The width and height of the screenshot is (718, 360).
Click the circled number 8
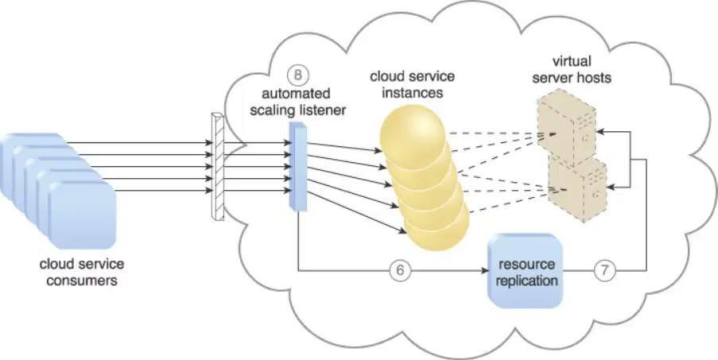[x=297, y=75]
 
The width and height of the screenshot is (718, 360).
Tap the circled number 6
[x=400, y=271]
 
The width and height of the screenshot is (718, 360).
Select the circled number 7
[x=604, y=271]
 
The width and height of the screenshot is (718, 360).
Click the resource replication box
[x=525, y=270]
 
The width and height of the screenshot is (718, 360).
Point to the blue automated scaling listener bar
[x=297, y=167]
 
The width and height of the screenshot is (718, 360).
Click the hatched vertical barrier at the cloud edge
[x=218, y=167]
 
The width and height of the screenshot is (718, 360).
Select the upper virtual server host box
[x=567, y=131]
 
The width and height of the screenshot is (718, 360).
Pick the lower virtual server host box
[x=578, y=188]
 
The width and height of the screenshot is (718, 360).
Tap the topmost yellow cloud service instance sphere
[x=413, y=133]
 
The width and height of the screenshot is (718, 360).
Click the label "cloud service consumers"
[x=82, y=272]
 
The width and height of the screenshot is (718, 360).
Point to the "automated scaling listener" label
[x=297, y=102]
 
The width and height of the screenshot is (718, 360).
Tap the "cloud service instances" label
[x=413, y=84]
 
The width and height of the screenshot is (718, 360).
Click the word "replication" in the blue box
[x=526, y=280]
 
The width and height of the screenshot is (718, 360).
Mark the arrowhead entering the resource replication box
[x=485, y=271]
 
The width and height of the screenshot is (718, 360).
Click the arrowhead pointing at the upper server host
[x=600, y=131]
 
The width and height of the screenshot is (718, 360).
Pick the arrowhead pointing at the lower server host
[x=611, y=187]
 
